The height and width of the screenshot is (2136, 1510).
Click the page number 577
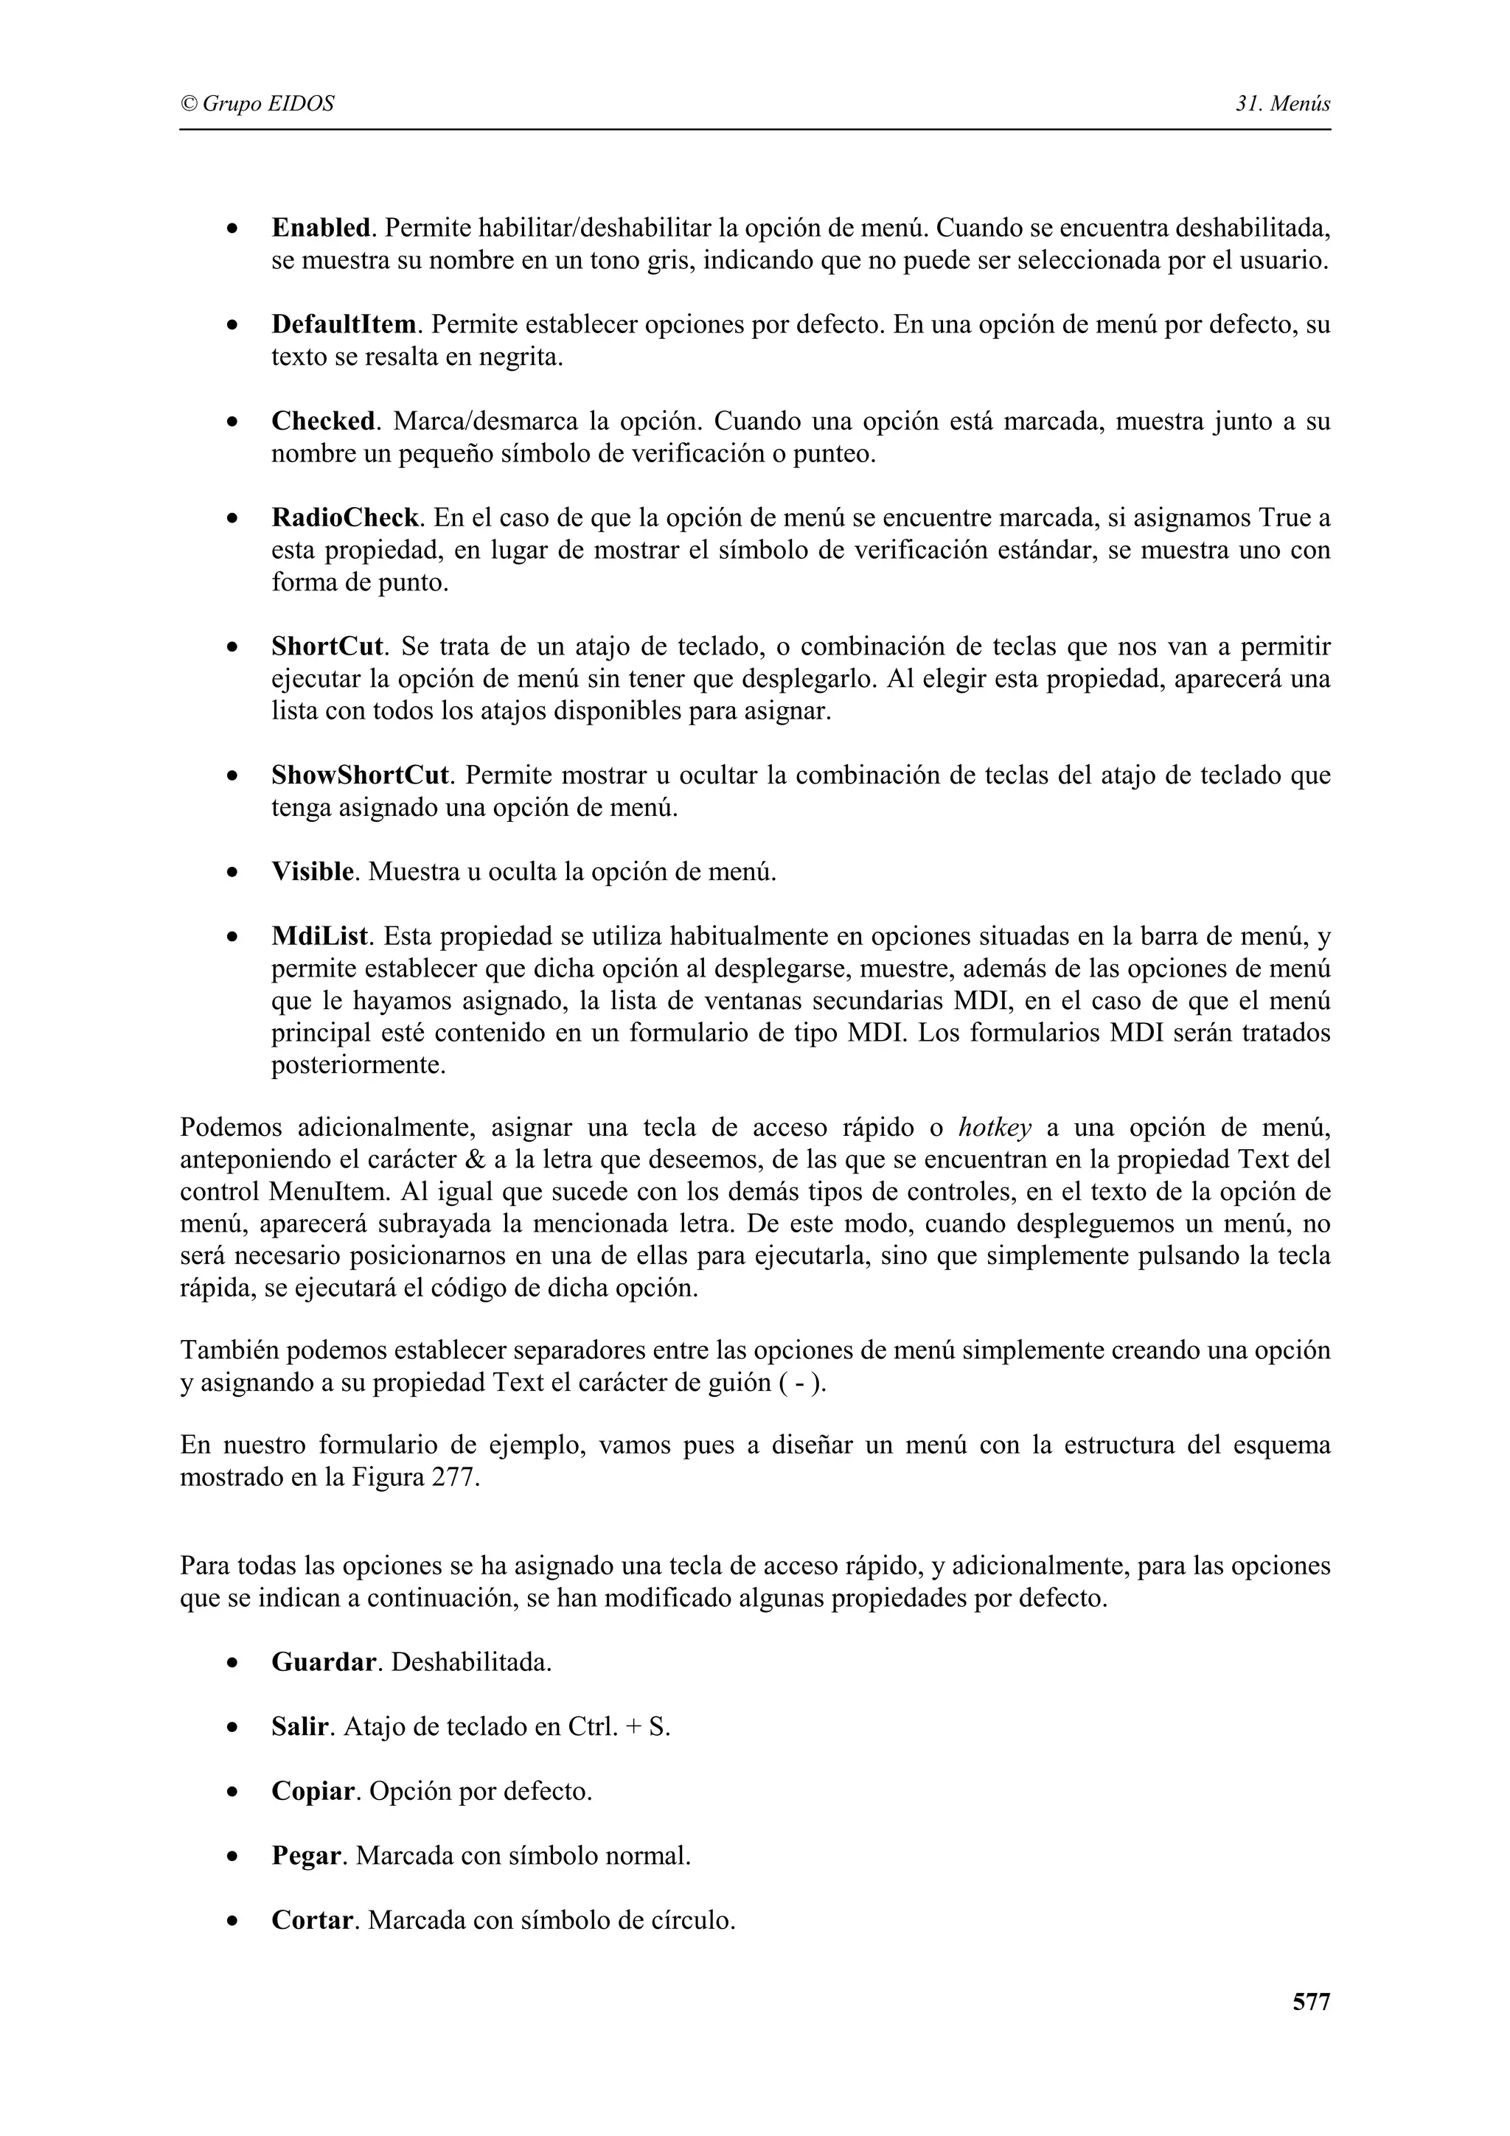1311,2002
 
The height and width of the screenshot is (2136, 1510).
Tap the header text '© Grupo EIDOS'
257,103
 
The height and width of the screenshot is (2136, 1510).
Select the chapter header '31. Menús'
1282,103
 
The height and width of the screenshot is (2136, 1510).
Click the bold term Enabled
321,227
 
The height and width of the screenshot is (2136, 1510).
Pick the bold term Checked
323,422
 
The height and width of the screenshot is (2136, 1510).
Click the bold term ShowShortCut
360,775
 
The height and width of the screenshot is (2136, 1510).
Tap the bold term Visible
313,872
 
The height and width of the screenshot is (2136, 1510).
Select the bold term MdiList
320,936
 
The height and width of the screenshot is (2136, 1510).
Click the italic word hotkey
995,1128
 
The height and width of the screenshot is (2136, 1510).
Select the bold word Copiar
313,1791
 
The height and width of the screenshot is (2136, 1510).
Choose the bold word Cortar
313,1920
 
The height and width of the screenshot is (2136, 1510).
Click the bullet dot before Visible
232,873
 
